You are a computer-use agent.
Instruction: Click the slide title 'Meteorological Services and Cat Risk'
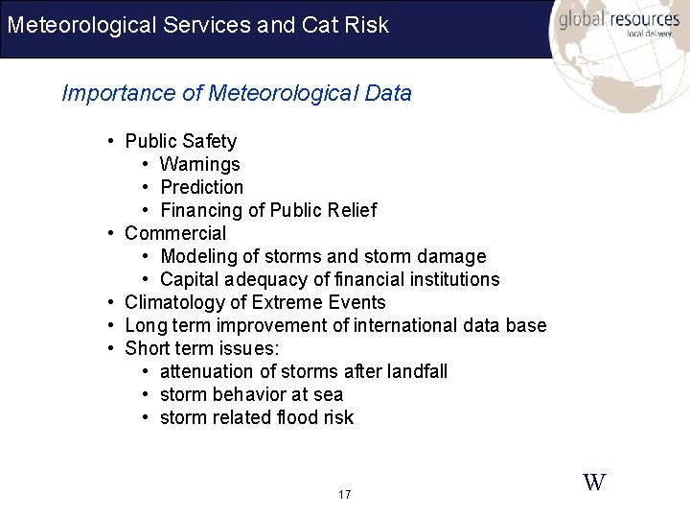(197, 24)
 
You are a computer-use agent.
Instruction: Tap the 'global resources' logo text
(618, 20)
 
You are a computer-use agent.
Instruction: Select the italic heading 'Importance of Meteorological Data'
(237, 93)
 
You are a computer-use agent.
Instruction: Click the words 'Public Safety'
(180, 141)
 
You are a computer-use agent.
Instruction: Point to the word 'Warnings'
(199, 164)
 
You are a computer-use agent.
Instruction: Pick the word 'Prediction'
(201, 187)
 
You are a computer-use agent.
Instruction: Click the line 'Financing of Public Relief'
(268, 210)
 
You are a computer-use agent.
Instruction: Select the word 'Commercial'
(175, 233)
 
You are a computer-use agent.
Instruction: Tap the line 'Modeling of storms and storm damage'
(323, 256)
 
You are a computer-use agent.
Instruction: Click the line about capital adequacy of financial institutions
(330, 279)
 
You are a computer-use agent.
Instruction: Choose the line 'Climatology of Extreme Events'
(255, 302)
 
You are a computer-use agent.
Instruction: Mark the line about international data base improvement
(335, 325)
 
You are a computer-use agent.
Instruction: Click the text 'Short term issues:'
(201, 348)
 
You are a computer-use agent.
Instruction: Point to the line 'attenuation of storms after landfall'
(303, 371)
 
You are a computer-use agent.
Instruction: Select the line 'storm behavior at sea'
(251, 394)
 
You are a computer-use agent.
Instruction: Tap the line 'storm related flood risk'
(257, 417)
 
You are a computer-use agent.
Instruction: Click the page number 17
(345, 495)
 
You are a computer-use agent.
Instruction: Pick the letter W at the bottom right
(594, 482)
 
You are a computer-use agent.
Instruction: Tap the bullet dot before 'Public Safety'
(112, 142)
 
